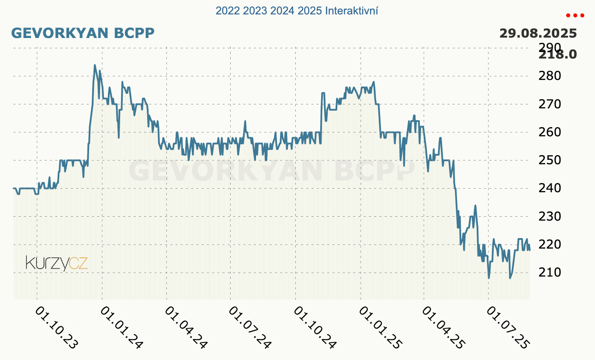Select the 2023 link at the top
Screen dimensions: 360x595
point(255,10)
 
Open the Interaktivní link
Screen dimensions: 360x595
point(352,10)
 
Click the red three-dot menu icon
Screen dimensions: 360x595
point(574,15)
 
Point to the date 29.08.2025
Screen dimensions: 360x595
point(538,33)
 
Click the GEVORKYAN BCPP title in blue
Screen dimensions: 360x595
point(83,33)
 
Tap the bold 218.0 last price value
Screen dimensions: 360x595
point(558,55)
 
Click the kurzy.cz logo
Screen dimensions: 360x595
point(57,263)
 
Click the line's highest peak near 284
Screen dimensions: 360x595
point(95,65)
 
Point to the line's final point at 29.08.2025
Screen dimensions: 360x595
point(529,250)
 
